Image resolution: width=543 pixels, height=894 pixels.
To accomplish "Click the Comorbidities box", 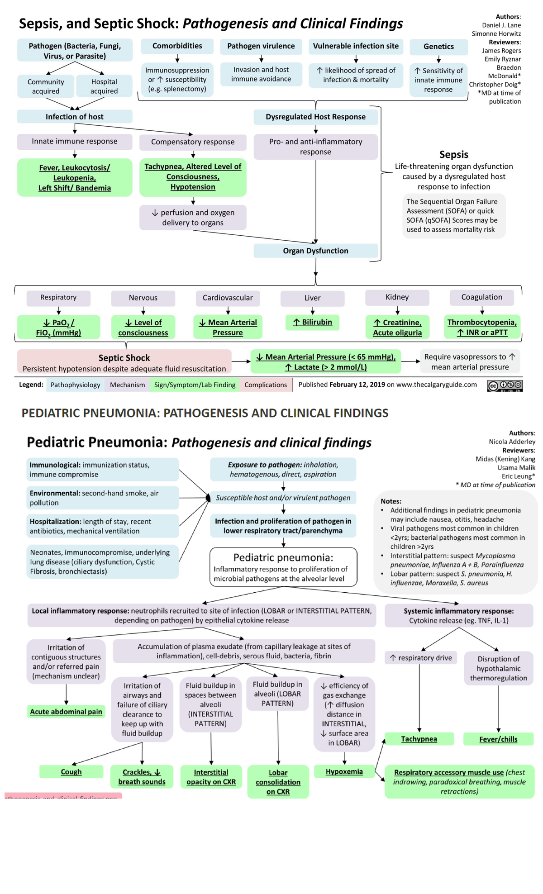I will tap(177, 46).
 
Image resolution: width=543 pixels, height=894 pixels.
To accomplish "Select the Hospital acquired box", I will tap(104, 86).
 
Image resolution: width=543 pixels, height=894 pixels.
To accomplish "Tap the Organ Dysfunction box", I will tap(315, 251).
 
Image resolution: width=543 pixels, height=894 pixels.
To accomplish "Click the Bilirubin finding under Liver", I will tap(312, 322).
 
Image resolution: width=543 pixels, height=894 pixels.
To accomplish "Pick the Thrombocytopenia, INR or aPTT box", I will tap(482, 327).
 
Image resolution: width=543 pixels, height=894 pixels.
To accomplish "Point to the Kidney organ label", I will tap(397, 297).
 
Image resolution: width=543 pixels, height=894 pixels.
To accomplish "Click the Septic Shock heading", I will tap(124, 358).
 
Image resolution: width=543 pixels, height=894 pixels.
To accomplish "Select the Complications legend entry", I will tap(266, 385).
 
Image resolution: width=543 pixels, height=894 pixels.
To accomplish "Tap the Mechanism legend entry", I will tap(127, 385).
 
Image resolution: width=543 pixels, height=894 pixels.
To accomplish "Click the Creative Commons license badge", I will tap(505, 385).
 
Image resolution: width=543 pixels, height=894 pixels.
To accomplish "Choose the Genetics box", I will tap(438, 47).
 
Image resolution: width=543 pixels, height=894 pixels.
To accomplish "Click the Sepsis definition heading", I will tap(454, 155).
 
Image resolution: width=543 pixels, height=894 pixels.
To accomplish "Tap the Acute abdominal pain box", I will tap(66, 712).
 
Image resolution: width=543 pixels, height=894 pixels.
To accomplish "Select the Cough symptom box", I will tap(71, 772).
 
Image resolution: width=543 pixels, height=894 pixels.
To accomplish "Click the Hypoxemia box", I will tap(344, 772).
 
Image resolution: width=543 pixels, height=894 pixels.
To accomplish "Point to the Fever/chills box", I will tap(498, 739).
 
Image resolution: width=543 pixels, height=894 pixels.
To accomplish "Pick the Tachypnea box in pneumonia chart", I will tap(419, 739).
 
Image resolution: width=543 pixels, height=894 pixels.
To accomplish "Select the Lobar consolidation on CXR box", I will tap(278, 782).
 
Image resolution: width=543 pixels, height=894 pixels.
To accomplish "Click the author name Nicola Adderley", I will tap(512, 442).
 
